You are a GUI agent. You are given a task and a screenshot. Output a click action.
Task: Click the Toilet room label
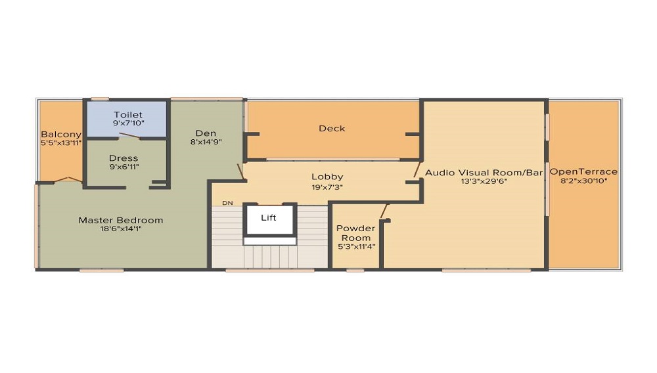[x=127, y=115]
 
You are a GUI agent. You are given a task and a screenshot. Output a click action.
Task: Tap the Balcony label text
[x=60, y=134]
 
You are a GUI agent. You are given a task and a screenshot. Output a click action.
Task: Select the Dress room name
[x=124, y=158]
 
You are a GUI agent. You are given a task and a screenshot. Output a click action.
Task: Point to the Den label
[x=206, y=133]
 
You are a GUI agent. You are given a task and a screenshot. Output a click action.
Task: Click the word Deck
[x=332, y=128]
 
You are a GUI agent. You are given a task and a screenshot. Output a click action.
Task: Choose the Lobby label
[x=327, y=177]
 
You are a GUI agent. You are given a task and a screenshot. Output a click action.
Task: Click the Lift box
[x=269, y=218]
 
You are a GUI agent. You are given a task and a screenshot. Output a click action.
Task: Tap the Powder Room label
[x=355, y=232]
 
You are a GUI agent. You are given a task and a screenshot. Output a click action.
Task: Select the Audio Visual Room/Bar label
[x=484, y=172]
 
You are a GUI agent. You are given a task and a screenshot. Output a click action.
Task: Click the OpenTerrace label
[x=583, y=171]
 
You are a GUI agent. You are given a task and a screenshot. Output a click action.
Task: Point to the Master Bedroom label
[x=121, y=220]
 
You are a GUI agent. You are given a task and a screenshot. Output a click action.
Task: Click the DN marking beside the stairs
[x=227, y=203]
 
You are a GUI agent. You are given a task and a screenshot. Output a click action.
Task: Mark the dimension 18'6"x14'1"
[x=121, y=230]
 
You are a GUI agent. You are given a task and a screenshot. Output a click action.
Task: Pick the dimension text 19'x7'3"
[x=327, y=186]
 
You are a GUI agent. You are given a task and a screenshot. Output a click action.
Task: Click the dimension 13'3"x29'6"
[x=484, y=182]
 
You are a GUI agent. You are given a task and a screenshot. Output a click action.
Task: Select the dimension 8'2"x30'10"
[x=583, y=181]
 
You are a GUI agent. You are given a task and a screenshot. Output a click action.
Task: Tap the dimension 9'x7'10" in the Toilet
[x=127, y=124]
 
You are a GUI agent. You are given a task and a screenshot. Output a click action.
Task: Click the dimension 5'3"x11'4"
[x=355, y=248]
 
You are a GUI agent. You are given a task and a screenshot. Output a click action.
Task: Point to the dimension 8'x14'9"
[x=206, y=143]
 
